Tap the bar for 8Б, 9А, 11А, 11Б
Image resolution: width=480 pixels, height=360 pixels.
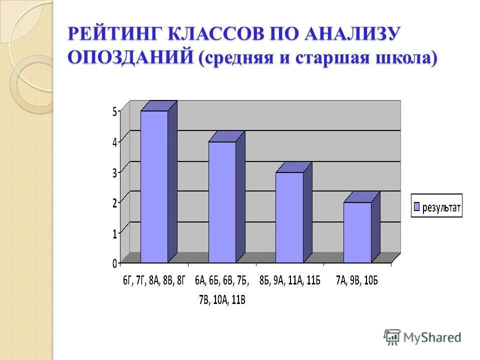tap(289, 217)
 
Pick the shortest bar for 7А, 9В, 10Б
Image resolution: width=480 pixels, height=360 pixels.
tap(357, 232)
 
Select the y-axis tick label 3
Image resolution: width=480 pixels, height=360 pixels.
tap(114, 172)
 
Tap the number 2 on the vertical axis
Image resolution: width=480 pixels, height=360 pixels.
tap(114, 202)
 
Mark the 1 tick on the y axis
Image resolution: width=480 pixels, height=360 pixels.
tap(114, 232)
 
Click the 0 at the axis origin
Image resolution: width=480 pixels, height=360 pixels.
tap(114, 262)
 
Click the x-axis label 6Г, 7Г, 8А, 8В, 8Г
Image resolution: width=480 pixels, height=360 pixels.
tap(154, 280)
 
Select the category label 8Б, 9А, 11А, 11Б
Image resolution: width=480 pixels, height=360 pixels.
tap(290, 280)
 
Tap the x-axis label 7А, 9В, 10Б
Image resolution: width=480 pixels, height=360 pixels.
tap(356, 280)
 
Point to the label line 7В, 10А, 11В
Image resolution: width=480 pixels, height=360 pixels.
tap(222, 299)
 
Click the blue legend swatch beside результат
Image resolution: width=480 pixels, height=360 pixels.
tap(416, 206)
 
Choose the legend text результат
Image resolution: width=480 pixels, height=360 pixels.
tap(441, 207)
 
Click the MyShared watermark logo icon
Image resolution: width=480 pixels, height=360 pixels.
tap(392, 336)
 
